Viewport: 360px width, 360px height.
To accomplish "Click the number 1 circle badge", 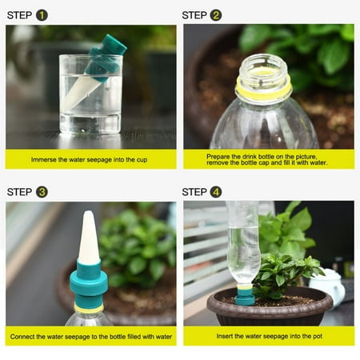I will click(42, 14).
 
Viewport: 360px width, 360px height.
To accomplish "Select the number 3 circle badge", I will click(42, 191).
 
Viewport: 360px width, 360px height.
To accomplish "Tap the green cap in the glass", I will click(110, 50).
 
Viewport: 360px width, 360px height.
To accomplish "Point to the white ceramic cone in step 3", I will click(88, 240).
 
